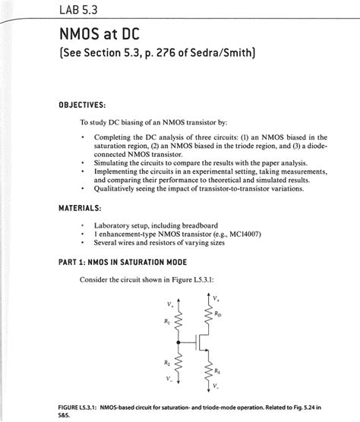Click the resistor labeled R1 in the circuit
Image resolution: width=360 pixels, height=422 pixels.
click(178, 323)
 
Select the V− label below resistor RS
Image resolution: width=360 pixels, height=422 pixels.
click(218, 387)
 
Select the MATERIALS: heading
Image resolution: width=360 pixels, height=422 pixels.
click(84, 208)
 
